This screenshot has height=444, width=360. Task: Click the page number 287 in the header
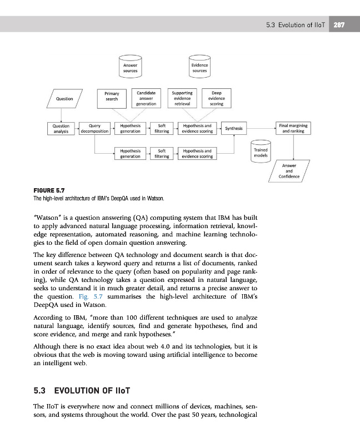click(339, 25)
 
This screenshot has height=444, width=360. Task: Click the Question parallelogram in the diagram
click(64, 98)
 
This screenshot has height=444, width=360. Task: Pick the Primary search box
click(112, 96)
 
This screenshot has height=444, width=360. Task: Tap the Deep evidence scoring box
click(217, 98)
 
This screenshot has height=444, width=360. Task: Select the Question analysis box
click(61, 129)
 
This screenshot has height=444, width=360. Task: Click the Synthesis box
click(234, 129)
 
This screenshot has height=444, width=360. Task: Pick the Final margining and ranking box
click(293, 129)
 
